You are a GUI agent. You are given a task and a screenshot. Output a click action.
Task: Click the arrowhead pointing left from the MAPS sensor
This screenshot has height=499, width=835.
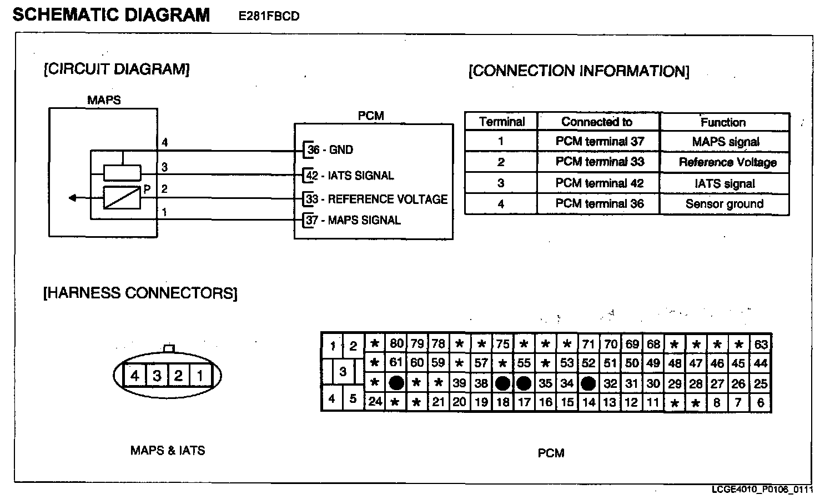72,198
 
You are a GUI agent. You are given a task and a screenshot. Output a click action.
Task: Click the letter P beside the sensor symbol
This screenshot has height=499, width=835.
147,189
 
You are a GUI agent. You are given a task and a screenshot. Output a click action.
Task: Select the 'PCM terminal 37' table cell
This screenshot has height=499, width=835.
600,142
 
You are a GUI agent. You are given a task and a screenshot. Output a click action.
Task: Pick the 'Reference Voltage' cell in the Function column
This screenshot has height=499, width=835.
727,162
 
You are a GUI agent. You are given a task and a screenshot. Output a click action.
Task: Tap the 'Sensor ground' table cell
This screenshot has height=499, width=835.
725,204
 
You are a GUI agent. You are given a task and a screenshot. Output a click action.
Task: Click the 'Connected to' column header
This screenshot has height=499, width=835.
597,122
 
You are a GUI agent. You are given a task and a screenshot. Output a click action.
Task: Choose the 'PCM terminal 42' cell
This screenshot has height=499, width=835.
600,183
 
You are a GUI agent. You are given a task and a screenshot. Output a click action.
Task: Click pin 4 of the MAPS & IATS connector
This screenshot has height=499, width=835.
135,376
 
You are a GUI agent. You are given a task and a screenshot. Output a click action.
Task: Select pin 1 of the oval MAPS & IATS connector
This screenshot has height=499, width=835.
200,376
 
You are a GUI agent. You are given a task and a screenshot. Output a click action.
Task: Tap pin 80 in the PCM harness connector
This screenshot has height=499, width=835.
396,344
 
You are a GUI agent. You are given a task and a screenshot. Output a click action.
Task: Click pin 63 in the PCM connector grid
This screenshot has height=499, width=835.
761,344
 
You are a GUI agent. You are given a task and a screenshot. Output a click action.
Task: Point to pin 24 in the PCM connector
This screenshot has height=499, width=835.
375,401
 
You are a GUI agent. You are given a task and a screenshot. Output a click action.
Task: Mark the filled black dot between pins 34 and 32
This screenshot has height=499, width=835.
588,383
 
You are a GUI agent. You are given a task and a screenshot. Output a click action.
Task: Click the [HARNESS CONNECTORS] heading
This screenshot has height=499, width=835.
140,293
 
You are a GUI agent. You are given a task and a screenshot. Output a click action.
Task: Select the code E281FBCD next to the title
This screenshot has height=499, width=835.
269,16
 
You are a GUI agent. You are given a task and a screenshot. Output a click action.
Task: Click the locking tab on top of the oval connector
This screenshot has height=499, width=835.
169,348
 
